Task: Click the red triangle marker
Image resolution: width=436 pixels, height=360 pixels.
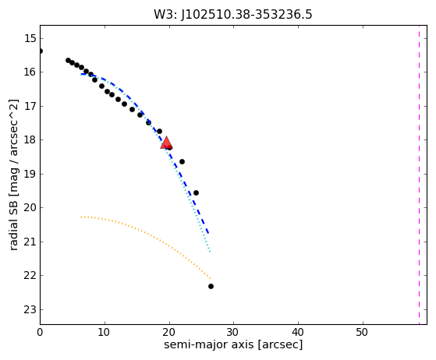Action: click(166, 143)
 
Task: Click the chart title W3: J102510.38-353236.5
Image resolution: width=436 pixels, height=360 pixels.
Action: click(233, 15)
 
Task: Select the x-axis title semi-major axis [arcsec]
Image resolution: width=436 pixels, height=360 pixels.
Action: click(233, 344)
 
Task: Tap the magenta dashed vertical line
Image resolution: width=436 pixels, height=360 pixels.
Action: click(419, 175)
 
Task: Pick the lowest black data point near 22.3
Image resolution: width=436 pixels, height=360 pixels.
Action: click(211, 287)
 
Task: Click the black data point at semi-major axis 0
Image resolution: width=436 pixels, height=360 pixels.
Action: click(41, 51)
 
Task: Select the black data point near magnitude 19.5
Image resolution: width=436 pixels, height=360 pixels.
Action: click(196, 192)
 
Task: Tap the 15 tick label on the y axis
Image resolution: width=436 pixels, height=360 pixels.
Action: click(30, 38)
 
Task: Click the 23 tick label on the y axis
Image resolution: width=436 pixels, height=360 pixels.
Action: click(30, 309)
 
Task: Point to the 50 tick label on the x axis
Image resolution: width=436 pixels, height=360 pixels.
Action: click(363, 332)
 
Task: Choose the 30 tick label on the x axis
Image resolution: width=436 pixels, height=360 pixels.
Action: click(233, 332)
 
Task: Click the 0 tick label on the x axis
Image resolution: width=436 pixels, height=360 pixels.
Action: click(40, 332)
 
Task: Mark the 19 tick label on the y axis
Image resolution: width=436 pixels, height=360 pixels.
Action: click(30, 174)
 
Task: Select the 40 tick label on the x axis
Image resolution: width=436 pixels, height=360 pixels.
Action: click(298, 332)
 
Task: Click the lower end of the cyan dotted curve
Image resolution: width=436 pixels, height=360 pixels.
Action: click(211, 252)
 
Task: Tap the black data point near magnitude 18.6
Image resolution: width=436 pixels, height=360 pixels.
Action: click(183, 161)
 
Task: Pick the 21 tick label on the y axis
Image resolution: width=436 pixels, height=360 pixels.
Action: click(30, 242)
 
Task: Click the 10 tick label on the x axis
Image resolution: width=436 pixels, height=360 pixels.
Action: click(105, 332)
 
